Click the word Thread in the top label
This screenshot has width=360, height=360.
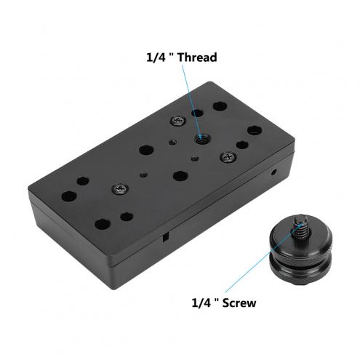pyautogui.click(x=197, y=57)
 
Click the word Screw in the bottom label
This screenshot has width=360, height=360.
pyautogui.click(x=239, y=303)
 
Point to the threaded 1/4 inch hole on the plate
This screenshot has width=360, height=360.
pyautogui.click(x=202, y=139)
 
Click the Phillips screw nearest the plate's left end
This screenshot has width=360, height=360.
pyautogui.click(x=120, y=189)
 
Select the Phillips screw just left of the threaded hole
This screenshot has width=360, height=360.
pyautogui.click(x=178, y=121)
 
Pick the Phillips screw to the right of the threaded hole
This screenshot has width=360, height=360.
pyautogui.click(x=228, y=157)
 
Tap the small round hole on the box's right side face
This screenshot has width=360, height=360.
pyautogui.click(x=274, y=172)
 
